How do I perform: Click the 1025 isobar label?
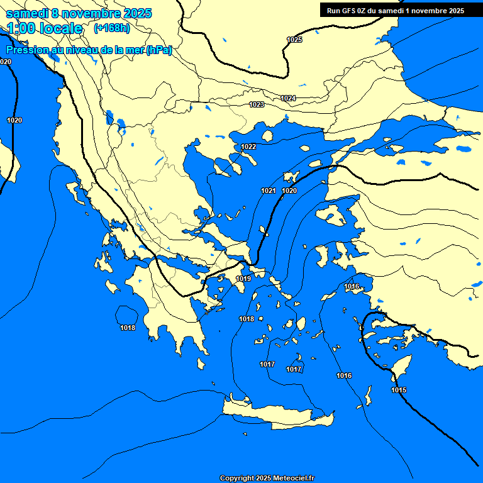pyautogui.click(x=294, y=40)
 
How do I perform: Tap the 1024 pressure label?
pyautogui.click(x=288, y=98)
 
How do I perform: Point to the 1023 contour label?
pyautogui.click(x=257, y=104)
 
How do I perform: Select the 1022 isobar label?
pyautogui.click(x=248, y=147)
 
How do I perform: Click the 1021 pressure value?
pyautogui.click(x=269, y=191)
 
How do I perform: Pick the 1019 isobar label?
pyautogui.click(x=244, y=279)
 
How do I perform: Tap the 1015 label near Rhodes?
pyautogui.click(x=399, y=390)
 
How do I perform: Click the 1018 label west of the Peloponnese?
pyautogui.click(x=128, y=328)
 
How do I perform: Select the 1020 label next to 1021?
pyautogui.click(x=289, y=191)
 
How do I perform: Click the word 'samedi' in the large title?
pyautogui.click(x=26, y=13)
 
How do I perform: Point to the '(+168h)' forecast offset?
pyautogui.click(x=111, y=28)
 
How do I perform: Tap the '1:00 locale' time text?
pyautogui.click(x=45, y=28)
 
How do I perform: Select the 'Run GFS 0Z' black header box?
pyautogui.click(x=396, y=10)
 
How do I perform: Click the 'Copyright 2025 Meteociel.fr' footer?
pyautogui.click(x=267, y=479)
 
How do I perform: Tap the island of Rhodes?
pyautogui.click(x=401, y=367)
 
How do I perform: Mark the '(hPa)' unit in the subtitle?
pyautogui.click(x=158, y=50)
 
